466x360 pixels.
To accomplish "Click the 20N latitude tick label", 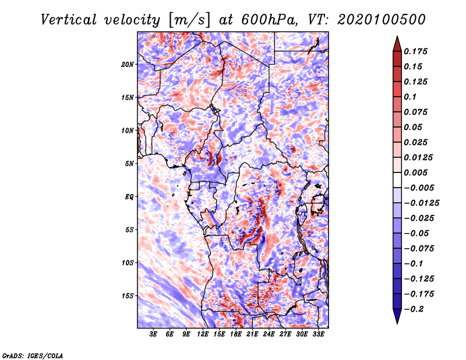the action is coord(128,65).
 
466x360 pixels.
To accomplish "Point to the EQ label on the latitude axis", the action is coord(129,197).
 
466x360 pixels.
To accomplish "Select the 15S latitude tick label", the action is coord(128,296).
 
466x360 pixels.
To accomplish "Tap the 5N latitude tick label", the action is coord(129,164).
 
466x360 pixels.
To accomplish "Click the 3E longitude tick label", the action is coord(153,334).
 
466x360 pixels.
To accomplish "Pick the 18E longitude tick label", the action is coord(236,334).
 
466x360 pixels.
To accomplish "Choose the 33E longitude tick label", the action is coord(318,334).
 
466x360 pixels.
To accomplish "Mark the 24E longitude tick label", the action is coord(269,334).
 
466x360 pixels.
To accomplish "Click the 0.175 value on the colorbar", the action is coord(415,51).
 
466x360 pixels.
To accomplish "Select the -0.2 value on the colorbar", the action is coord(414,309).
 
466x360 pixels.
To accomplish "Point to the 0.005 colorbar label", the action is coord(415,172).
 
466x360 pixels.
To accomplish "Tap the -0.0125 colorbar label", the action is coord(421,203).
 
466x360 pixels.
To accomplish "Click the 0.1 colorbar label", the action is coord(410,97).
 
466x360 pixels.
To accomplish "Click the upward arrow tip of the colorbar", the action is coord(397,36).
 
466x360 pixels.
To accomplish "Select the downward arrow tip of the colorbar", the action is coord(397,323).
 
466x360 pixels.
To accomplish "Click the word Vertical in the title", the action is coord(69,20).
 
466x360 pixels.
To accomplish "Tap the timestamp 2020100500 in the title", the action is coord(382,20).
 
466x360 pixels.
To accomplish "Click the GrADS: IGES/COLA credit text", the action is coord(33,355).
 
